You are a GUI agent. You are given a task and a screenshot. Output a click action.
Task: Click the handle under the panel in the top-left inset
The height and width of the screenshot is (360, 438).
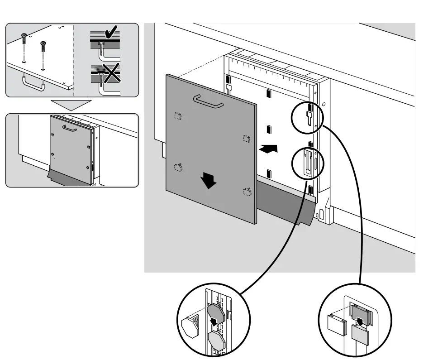coord(33,85)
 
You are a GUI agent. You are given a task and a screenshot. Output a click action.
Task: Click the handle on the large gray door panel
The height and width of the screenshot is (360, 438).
coord(208,101)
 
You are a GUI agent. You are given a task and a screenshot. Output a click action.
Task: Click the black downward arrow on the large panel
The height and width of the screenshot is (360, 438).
coord(209,181)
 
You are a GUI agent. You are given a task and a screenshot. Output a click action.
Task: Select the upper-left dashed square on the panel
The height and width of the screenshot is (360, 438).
coord(178,116)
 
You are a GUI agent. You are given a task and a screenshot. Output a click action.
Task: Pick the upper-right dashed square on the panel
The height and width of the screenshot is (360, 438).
coord(247,138)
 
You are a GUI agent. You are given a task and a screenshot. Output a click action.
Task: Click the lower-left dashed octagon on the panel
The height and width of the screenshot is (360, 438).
coord(178,168)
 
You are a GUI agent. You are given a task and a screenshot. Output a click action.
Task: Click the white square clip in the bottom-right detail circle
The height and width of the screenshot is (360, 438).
coord(336,324)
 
